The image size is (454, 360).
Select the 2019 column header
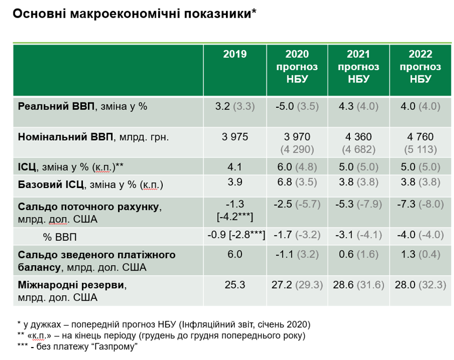pyautogui.click(x=235, y=54)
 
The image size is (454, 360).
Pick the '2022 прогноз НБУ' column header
pyautogui.click(x=421, y=66)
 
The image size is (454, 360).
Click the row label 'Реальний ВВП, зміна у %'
pyautogui.click(x=82, y=106)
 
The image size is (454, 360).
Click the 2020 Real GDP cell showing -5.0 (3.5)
pyautogui.click(x=297, y=106)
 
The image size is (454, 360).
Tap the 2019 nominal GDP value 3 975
pyautogui.click(x=235, y=137)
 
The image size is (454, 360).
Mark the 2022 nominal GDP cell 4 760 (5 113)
pyautogui.click(x=421, y=142)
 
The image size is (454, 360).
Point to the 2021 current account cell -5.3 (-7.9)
pyautogui.click(x=358, y=204)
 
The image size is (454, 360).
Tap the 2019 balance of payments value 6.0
pyautogui.click(x=235, y=254)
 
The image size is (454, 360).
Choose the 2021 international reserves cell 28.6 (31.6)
pyautogui.click(x=358, y=283)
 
